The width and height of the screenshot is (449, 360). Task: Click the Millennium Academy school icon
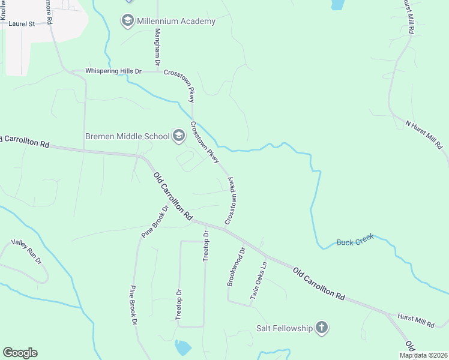click(127, 22)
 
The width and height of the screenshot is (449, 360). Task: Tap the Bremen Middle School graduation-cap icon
click(178, 136)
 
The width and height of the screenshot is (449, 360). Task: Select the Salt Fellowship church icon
click(322, 328)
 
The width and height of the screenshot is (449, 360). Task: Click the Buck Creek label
click(355, 241)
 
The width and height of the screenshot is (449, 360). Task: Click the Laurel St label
click(22, 24)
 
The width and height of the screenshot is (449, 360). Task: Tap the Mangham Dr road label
click(157, 47)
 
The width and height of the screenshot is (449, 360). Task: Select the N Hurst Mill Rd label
click(424, 135)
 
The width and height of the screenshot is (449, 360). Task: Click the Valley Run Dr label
click(26, 252)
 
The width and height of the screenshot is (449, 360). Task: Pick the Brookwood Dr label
click(235, 266)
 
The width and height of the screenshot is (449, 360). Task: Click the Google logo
click(20, 353)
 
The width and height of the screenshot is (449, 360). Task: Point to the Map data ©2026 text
click(423, 355)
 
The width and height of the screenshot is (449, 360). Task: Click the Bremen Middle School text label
click(127, 136)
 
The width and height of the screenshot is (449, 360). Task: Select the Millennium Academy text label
click(176, 22)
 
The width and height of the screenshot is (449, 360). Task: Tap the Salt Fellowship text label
click(285, 328)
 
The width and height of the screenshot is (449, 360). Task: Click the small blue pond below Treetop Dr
click(182, 347)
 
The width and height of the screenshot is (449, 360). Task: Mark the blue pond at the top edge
click(337, 5)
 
